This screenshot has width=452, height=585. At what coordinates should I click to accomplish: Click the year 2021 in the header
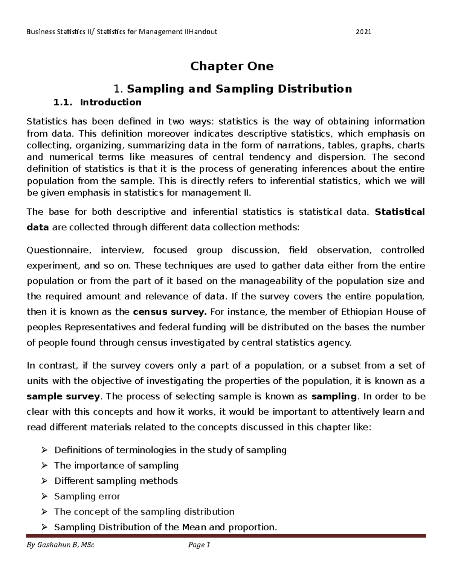point(363,32)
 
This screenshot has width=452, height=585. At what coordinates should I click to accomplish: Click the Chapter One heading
point(232,66)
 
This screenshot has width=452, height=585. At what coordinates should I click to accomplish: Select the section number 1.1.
point(63,102)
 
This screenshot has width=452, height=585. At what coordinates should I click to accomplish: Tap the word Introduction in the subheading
point(111,102)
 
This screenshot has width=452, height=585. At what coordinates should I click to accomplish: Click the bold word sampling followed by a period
point(334,396)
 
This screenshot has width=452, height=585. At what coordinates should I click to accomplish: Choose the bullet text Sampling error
point(87,496)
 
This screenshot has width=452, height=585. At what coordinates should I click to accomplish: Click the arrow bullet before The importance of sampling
point(44,466)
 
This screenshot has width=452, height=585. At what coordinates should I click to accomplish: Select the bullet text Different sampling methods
point(116,481)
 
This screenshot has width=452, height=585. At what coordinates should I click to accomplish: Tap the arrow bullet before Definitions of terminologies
point(44,450)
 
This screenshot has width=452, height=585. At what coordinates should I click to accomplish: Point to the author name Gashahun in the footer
point(55,545)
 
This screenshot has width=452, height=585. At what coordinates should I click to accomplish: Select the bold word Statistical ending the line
point(400,212)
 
